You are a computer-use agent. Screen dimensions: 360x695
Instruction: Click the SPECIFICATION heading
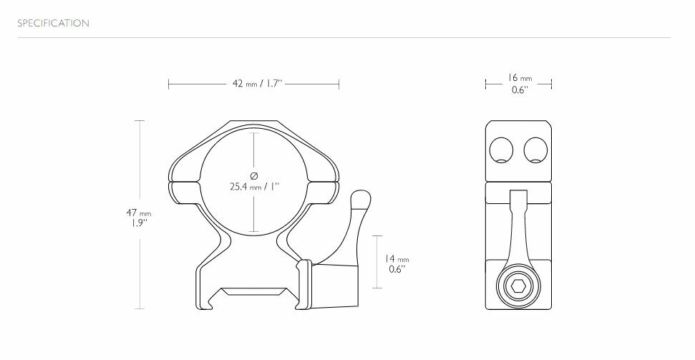point(54,24)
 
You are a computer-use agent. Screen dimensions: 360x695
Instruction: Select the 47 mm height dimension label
point(139,213)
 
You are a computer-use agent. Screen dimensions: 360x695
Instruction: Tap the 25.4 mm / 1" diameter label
point(254,187)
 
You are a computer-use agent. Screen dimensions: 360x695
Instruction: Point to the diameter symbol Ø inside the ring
point(254,175)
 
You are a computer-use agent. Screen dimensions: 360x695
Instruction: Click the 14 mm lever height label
point(397,259)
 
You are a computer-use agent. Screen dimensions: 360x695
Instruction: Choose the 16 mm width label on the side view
point(520,78)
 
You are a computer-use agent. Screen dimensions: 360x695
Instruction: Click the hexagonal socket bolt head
point(518,287)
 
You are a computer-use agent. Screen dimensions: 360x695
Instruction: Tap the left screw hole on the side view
point(502,150)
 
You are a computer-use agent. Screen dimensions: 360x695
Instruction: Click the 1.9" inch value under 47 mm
point(139,223)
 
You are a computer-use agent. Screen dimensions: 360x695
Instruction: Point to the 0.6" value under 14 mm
point(397,270)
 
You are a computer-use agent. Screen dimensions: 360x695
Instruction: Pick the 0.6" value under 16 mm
point(520,90)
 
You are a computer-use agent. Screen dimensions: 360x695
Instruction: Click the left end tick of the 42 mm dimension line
point(169,84)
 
